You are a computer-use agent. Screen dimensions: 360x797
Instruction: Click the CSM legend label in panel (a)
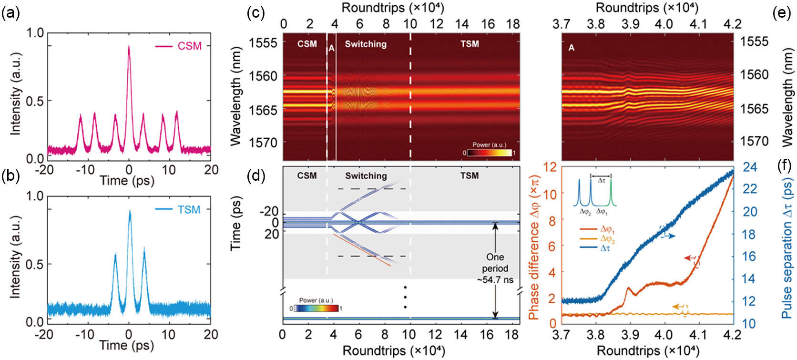point(190,46)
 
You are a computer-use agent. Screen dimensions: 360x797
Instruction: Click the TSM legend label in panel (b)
point(189,210)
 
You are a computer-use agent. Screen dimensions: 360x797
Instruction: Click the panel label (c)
point(255,13)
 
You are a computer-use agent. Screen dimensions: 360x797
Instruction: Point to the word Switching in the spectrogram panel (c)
point(366,44)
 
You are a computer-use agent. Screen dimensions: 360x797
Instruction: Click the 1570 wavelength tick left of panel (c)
point(262,142)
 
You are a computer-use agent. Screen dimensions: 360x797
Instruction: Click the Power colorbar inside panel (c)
point(490,153)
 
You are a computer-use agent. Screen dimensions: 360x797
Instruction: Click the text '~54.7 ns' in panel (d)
point(495,280)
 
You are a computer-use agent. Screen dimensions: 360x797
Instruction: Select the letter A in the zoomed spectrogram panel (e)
point(572,48)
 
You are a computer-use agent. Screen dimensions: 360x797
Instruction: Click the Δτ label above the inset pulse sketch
point(601,181)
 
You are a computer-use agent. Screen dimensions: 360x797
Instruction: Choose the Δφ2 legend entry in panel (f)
point(607,239)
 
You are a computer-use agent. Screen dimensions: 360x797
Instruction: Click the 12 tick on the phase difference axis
point(551,167)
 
